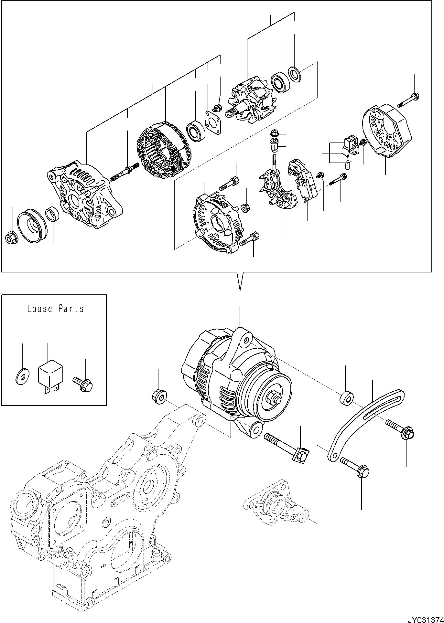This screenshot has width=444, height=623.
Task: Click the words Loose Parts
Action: (55, 309)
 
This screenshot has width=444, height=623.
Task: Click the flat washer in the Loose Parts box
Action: (22, 377)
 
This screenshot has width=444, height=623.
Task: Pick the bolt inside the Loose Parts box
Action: (84, 384)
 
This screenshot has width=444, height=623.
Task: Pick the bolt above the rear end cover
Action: (409, 100)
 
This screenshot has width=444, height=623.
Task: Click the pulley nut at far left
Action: (11, 238)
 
